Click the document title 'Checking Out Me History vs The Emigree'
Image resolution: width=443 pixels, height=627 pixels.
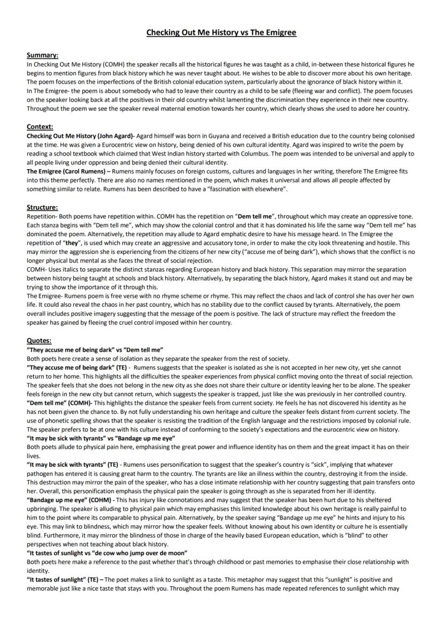tap(222, 33)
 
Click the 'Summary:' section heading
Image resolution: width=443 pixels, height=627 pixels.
tap(43, 55)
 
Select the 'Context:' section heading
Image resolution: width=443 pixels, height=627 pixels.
tap(40, 127)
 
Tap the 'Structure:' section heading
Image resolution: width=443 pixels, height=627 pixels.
tap(42, 207)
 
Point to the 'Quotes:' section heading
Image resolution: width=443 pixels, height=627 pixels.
tap(40, 341)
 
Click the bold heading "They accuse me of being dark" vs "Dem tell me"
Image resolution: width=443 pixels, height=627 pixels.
tap(95, 349)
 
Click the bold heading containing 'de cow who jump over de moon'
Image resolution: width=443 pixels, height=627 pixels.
tap(107, 553)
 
